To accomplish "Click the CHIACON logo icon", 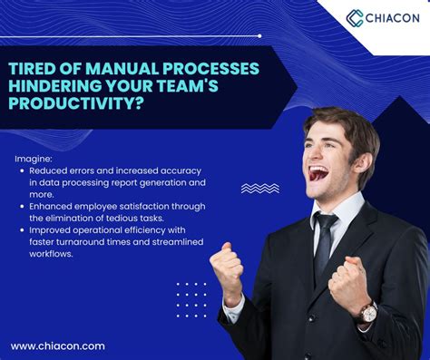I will pyautogui.click(x=355, y=17).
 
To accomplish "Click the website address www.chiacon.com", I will pyautogui.click(x=58, y=345).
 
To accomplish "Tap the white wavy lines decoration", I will pyautogui.click(x=259, y=189).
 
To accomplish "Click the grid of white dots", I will pyautogui.click(x=191, y=300).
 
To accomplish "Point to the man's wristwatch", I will pyautogui.click(x=367, y=312).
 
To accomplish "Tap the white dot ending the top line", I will pyautogui.click(x=259, y=36).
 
